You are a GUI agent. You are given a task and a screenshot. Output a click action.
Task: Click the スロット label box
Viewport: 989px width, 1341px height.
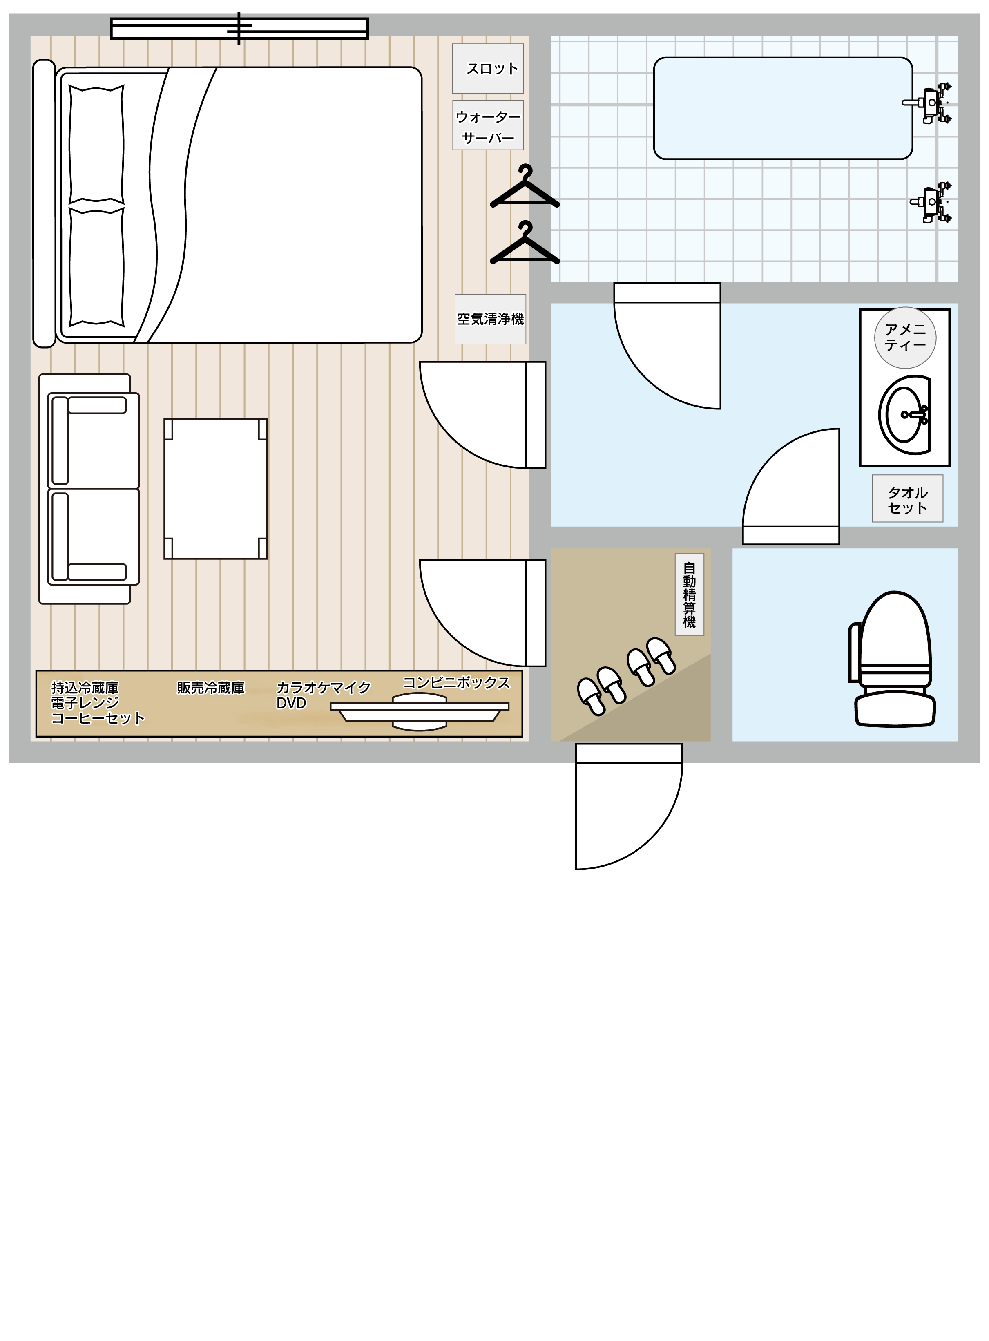[487, 68]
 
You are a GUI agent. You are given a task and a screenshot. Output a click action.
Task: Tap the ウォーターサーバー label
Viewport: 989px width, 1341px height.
[488, 125]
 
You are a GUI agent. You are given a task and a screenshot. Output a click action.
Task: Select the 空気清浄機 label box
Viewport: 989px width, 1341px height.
[490, 319]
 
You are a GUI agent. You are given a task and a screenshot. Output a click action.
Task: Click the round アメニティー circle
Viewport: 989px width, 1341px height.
[905, 337]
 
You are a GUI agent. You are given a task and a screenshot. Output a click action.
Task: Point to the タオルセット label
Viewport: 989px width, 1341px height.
[907, 498]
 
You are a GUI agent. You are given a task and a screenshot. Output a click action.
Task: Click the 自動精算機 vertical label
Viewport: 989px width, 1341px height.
[689, 595]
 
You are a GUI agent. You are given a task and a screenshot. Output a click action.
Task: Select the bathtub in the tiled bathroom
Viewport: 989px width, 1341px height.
[782, 108]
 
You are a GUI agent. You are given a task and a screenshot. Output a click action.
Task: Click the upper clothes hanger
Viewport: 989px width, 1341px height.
[525, 186]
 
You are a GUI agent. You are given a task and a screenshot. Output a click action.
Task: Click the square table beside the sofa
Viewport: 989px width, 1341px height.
[216, 489]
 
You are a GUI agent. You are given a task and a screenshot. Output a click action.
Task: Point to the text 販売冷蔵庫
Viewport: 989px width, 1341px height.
[211, 688]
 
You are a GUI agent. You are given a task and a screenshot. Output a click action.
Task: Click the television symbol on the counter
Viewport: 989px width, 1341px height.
[420, 712]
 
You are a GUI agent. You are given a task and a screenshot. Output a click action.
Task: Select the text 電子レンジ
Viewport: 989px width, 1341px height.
[85, 704]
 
